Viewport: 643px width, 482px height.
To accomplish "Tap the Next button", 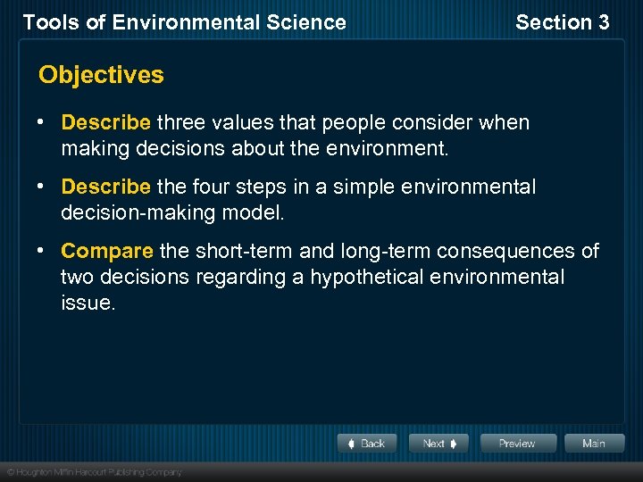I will click(438, 444).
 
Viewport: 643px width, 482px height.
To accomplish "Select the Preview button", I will click(518, 444).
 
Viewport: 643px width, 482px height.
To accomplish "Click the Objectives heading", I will click(101, 75).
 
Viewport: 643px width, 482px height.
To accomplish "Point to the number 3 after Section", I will click(603, 22).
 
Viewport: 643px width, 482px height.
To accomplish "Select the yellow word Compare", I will click(107, 252).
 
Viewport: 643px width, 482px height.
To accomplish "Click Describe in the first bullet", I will click(105, 122).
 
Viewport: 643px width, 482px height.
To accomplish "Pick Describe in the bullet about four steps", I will click(105, 187).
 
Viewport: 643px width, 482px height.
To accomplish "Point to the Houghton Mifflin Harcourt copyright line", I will click(94, 471).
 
